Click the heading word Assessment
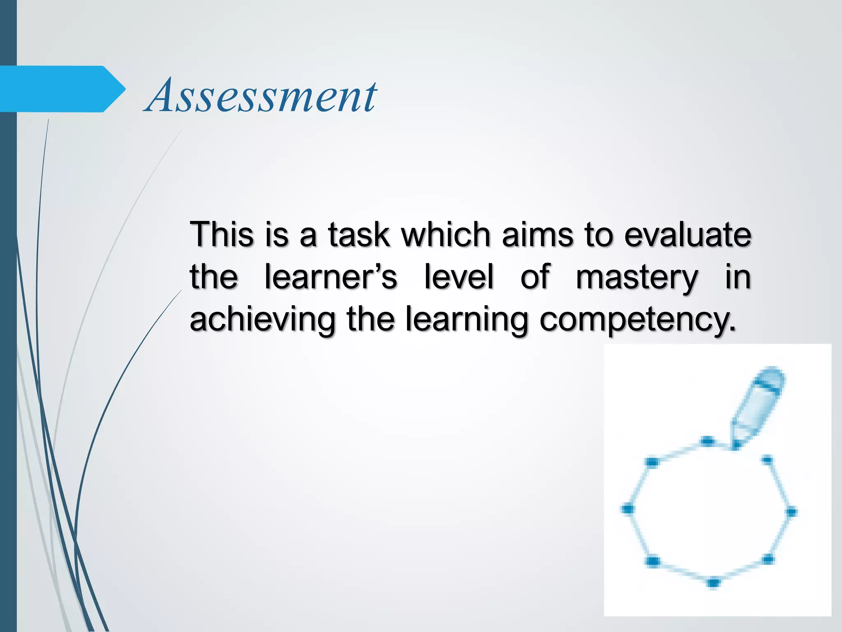point(261,97)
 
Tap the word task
point(359,235)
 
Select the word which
point(446,235)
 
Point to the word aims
point(537,235)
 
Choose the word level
point(458,277)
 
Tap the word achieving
point(262,320)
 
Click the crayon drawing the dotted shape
point(759,405)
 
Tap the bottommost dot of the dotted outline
point(713,583)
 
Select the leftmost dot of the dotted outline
point(627,509)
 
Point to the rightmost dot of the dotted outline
point(791,512)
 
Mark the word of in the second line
point(534,277)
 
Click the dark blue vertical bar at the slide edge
point(8,370)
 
